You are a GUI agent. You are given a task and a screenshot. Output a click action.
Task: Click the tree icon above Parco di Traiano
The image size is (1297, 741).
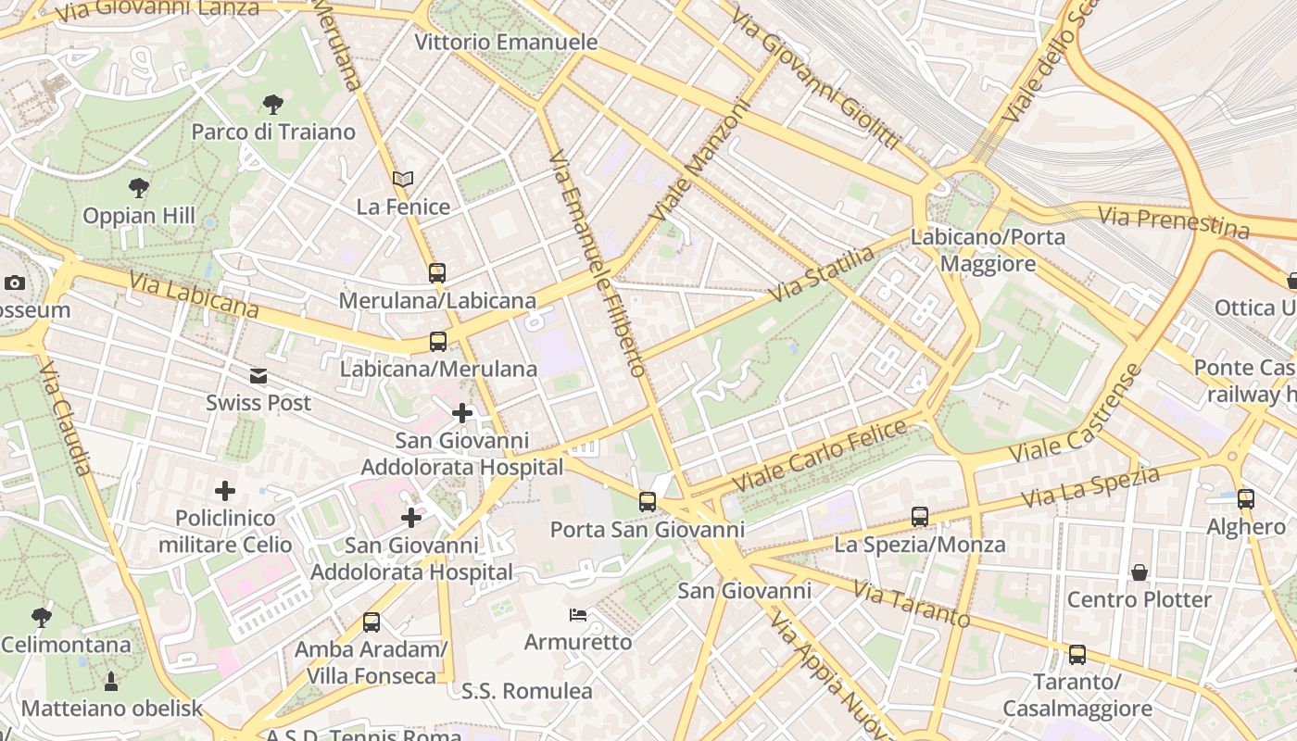pos(272,104)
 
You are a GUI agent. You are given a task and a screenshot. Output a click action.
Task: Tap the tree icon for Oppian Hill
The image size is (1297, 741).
pos(139,188)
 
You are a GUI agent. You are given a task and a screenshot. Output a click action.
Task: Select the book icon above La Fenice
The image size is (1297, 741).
pos(403,179)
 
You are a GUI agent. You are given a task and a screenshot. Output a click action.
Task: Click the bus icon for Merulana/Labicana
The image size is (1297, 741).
pos(437,273)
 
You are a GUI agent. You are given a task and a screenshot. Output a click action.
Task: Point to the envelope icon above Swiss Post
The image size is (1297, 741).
pos(258,376)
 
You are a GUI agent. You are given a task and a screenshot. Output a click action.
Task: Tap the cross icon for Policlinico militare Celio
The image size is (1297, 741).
pos(225,491)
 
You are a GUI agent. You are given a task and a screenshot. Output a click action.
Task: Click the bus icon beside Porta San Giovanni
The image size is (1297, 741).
pos(648,502)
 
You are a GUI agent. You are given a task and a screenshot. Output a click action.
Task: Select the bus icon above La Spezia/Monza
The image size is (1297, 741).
pos(919,517)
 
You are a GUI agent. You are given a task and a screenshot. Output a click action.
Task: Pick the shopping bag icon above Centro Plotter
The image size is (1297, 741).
pos(1140,572)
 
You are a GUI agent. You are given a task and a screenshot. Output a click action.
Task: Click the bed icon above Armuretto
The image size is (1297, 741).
pos(578,615)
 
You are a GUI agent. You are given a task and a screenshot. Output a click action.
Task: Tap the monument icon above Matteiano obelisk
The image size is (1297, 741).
pos(111,682)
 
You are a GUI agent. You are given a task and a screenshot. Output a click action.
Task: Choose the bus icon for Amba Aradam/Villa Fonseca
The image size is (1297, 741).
pos(371,622)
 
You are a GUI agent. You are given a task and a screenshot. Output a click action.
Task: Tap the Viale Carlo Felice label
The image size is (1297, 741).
pos(820,456)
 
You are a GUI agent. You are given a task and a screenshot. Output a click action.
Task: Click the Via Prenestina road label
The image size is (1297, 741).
pos(1173,222)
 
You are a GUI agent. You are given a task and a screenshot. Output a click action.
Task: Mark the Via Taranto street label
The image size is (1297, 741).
pos(911,604)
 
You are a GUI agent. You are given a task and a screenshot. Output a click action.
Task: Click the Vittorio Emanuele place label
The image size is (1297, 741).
pos(506,43)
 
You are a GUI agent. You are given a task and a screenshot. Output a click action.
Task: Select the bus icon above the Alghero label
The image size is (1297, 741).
pos(1246,499)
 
